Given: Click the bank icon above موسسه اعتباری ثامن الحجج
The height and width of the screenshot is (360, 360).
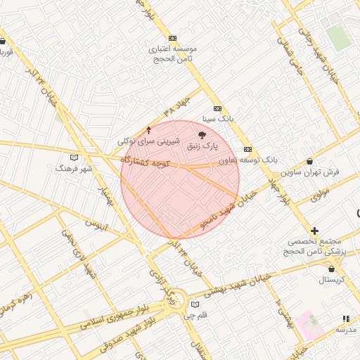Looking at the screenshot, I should [172, 38].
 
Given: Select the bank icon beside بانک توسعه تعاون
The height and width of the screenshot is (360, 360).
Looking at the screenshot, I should [247, 149].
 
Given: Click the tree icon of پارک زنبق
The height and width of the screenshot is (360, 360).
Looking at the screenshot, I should [202, 134].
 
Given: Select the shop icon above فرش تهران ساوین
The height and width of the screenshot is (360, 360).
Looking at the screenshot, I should [309, 162].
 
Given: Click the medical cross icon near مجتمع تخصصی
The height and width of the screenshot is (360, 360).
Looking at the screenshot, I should [314, 231].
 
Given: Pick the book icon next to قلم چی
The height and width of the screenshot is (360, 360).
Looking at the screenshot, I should [195, 304].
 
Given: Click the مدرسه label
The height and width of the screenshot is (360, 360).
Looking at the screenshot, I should [345, 330].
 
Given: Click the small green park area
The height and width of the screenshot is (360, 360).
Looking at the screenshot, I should [339, 37].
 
